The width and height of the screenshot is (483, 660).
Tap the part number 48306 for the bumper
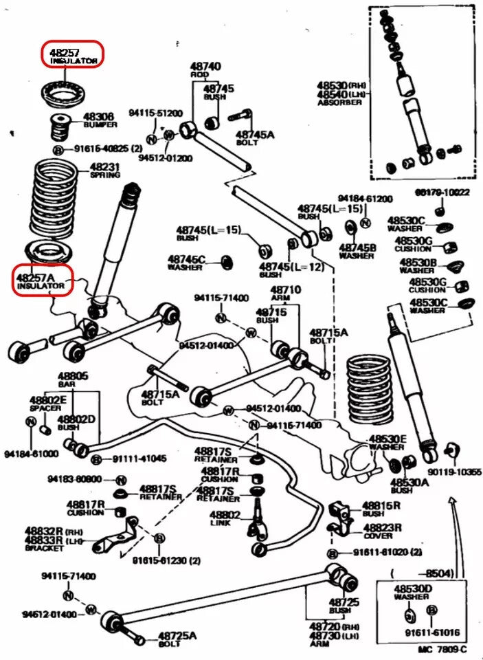tap(98, 118)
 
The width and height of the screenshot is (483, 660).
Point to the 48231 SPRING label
tap(104, 167)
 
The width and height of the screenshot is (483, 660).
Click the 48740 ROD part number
tap(205, 67)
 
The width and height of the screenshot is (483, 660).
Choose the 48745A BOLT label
tap(254, 135)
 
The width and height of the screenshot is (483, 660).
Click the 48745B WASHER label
tap(356, 247)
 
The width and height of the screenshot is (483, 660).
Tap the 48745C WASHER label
tap(186, 259)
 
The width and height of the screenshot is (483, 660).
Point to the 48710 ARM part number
tap(285, 290)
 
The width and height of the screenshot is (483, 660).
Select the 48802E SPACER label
tap(47, 400)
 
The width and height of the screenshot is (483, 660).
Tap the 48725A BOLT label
tap(177, 636)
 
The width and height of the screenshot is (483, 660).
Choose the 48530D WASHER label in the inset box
tap(412, 589)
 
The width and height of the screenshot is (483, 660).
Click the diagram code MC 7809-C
tap(442, 649)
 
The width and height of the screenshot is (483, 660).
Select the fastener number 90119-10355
tap(454, 473)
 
